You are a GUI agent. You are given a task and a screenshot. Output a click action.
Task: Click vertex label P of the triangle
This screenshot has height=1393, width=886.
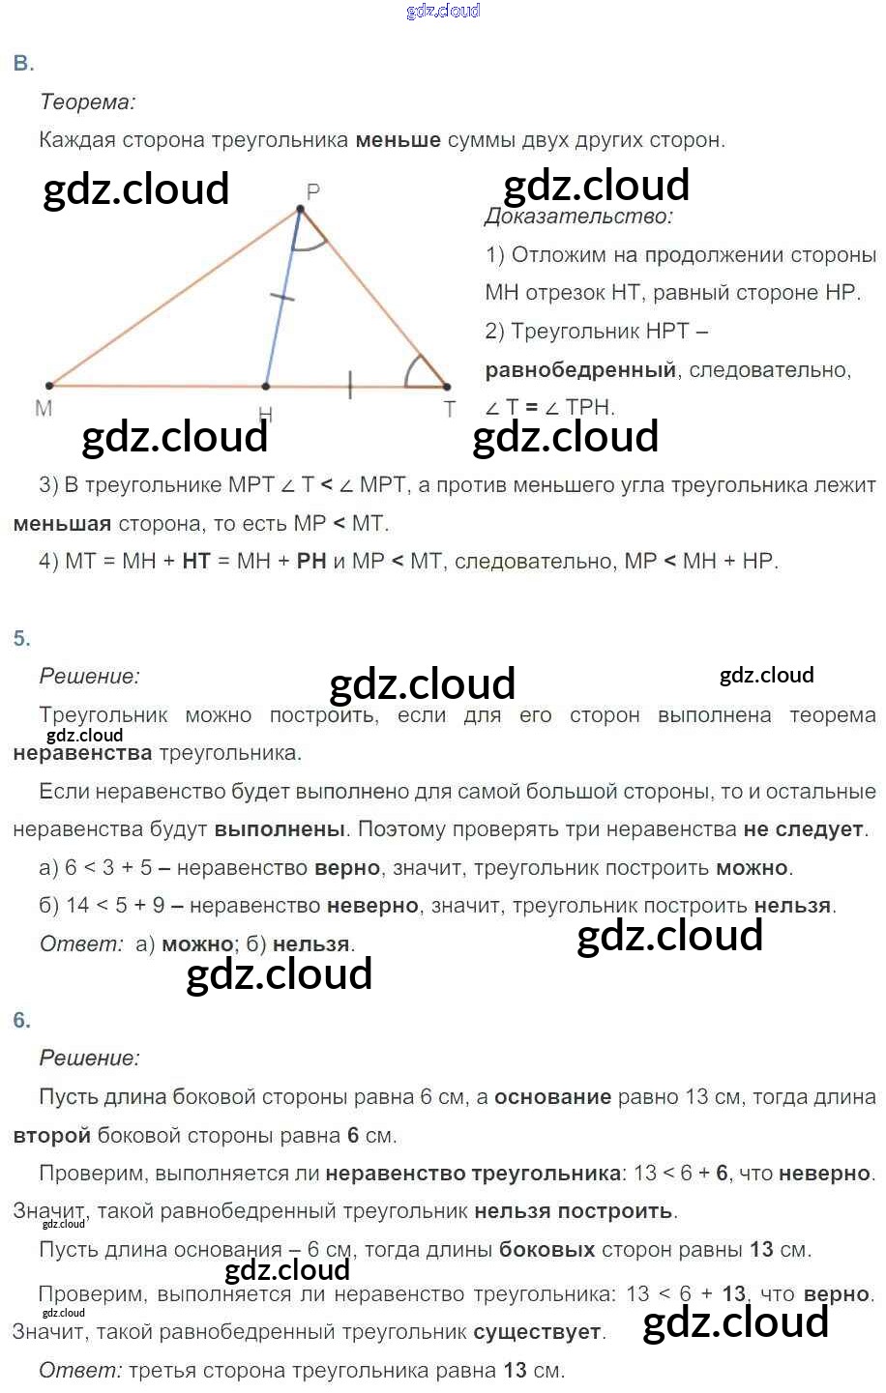pos(312,191)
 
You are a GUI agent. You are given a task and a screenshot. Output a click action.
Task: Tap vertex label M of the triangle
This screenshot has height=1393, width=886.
pos(44,409)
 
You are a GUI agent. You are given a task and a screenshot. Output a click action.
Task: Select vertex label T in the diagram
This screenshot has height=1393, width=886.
pos(450,410)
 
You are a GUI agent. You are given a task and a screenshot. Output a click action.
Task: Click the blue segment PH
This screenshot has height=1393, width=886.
pos(281,300)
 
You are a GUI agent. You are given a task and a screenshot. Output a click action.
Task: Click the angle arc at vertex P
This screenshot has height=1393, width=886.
pos(309,243)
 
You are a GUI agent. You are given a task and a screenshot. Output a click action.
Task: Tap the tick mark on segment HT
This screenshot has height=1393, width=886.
pos(349,388)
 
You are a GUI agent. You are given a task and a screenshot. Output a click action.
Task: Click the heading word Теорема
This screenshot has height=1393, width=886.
pos(87,102)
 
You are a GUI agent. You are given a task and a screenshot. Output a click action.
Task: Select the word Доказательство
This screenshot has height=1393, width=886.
pos(578,217)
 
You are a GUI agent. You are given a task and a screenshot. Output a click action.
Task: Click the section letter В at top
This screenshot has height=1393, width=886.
pos(23,64)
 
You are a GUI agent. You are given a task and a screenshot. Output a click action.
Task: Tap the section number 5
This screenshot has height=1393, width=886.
pos(22,638)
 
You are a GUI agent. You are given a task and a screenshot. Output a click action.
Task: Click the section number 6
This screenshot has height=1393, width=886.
pos(22,1020)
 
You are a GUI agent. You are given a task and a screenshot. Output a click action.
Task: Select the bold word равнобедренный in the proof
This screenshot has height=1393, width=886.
pos(579,369)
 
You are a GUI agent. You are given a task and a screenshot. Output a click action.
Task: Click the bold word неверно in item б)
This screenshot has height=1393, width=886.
pos(372,906)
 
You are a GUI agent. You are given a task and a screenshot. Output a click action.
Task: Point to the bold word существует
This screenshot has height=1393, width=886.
pos(537,1332)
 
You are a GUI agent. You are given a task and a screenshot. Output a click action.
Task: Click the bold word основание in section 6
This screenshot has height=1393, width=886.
pos(552,1097)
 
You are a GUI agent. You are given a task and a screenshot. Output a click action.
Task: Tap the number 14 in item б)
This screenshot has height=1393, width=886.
pos(78,906)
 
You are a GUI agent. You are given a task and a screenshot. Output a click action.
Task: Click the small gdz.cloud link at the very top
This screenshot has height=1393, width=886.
pos(443,11)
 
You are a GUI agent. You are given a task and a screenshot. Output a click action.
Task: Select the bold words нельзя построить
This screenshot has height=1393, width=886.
pos(574,1211)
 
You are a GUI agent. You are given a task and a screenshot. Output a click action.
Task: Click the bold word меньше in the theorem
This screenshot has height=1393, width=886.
pos(398,140)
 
